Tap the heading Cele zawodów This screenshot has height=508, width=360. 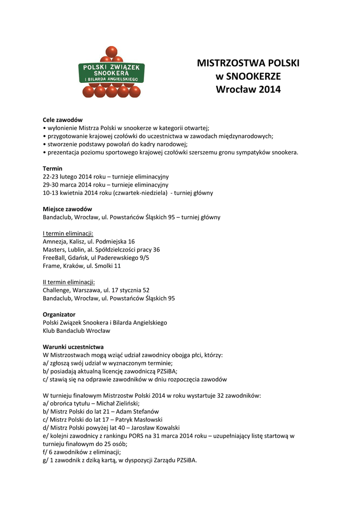(63, 120)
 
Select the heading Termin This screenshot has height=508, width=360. (53, 169)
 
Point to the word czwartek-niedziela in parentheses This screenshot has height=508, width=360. (141, 193)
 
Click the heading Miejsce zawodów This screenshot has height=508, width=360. (68, 209)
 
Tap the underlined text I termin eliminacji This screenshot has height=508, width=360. (68, 234)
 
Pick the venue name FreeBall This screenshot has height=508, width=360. (55, 258)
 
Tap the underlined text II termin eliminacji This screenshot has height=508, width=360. (69, 282)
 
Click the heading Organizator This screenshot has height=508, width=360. (59, 315)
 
